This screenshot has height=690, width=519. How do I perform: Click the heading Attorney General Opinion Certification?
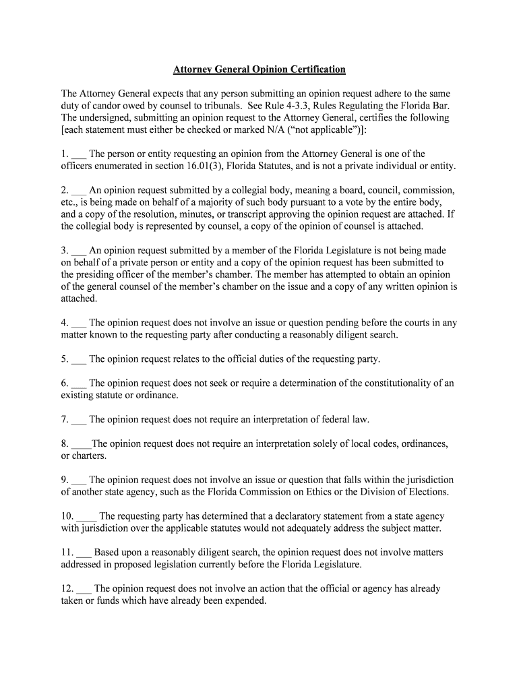pos(259,69)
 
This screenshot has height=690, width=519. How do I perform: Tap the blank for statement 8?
pos(81,444)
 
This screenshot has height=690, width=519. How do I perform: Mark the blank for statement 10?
pos(86,517)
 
